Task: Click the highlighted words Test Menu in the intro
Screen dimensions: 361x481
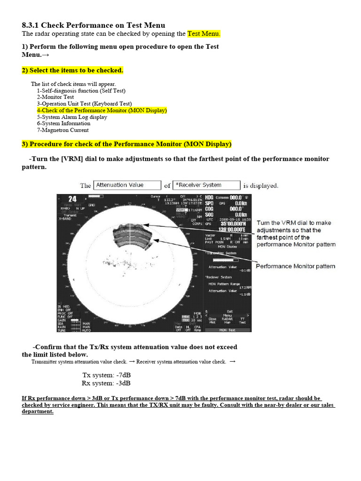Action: coord(204,34)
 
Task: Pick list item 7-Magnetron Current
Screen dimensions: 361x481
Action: coord(63,130)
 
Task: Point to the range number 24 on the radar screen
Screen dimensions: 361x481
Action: coord(72,199)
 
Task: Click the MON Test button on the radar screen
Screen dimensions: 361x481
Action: coord(228,330)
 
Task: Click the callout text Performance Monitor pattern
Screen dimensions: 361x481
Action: coord(295,266)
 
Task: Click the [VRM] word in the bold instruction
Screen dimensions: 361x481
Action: coord(73,159)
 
